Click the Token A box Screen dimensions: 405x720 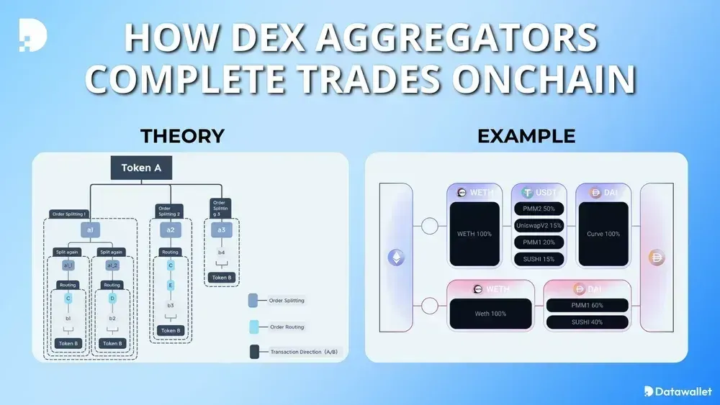point(140,168)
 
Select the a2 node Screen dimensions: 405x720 point(171,230)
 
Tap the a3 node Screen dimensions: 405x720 point(222,230)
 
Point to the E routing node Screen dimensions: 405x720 point(171,286)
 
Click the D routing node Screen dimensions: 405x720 point(112,298)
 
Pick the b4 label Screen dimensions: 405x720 point(222,252)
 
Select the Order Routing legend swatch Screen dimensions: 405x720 point(254,327)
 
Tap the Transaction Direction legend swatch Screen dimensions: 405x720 point(254,352)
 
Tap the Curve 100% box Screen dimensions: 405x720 point(603,234)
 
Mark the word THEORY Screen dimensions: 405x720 point(182,136)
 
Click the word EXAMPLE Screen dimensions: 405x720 point(526,136)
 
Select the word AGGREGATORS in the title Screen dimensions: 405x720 point(441,37)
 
